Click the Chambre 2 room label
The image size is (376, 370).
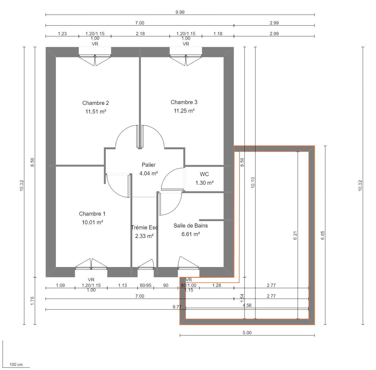tap(95, 103)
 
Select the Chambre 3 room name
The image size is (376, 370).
tap(184, 102)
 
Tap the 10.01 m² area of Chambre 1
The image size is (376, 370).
tap(92, 222)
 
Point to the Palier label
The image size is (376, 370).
tap(148, 165)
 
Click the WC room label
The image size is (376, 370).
tap(204, 174)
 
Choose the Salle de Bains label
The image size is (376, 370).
tap(190, 226)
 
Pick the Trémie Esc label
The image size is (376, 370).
tap(144, 227)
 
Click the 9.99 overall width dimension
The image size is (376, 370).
tap(180, 12)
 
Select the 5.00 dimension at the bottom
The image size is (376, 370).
tap(247, 333)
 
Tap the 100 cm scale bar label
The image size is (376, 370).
tap(16, 365)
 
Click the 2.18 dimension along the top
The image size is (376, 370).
tap(140, 34)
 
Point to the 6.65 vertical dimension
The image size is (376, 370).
tap(322, 235)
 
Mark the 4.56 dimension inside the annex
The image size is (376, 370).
tap(247, 305)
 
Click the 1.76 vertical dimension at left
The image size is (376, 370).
tap(32, 301)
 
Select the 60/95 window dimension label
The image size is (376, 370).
tap(146, 285)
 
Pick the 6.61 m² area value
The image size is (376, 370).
tap(190, 234)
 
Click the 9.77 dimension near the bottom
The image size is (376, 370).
tap(177, 307)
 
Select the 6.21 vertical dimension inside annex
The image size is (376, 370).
tap(295, 235)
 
